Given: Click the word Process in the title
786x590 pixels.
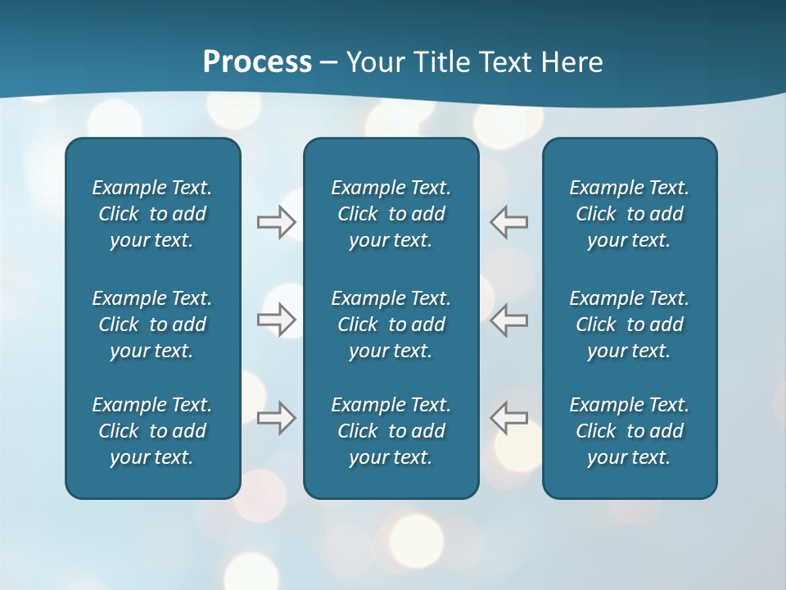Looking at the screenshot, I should coord(257,62).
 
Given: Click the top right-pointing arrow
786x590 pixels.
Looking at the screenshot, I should coord(277,222).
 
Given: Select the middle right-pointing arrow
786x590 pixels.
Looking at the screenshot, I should coord(277,320).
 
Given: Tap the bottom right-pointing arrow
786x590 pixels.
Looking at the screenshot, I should coord(277,418).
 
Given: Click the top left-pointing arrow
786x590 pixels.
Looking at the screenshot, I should coord(508,222).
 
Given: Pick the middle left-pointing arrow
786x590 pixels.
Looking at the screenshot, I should coord(508,320).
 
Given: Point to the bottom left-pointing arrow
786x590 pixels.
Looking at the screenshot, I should coord(508,418).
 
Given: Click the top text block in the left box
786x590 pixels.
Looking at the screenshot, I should coord(152,214).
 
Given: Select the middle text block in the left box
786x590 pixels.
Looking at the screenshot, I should coord(152,324).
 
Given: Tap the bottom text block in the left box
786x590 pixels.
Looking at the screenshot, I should coord(152,431).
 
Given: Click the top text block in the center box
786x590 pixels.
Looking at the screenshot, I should coord(391,214).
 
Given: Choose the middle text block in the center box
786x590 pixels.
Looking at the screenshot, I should coord(391,324).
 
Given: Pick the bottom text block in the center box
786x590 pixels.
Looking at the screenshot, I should coord(391,431).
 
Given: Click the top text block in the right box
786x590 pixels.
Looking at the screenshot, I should coord(630,214).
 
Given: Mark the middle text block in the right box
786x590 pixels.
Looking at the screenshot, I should coord(630,324).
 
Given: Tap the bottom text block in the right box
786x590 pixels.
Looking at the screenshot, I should coord(630,431).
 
